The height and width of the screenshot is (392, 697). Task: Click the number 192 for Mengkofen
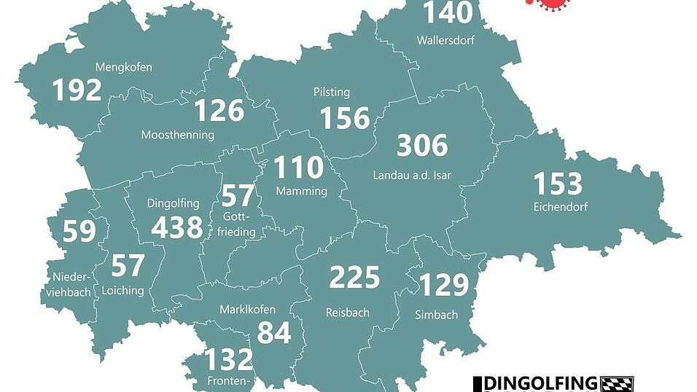(77, 90)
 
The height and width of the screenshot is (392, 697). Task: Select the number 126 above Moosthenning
(219, 111)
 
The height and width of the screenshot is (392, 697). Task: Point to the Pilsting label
(332, 93)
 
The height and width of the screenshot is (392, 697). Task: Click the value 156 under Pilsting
(345, 117)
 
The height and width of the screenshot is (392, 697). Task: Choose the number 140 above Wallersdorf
(448, 13)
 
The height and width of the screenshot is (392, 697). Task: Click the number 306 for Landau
(421, 146)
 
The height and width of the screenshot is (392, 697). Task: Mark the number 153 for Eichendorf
(558, 184)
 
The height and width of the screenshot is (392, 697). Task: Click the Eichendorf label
(560, 207)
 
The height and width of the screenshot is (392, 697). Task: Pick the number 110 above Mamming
(298, 168)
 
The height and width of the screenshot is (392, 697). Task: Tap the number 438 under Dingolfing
(176, 227)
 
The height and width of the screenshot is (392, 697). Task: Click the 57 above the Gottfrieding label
(238, 195)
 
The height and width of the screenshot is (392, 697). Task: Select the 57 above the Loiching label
(128, 266)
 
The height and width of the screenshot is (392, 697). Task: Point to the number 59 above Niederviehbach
(79, 231)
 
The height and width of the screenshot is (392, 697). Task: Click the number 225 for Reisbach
(354, 278)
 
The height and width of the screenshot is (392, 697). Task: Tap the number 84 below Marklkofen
(273, 333)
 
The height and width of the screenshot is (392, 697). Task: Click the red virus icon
(549, 5)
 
